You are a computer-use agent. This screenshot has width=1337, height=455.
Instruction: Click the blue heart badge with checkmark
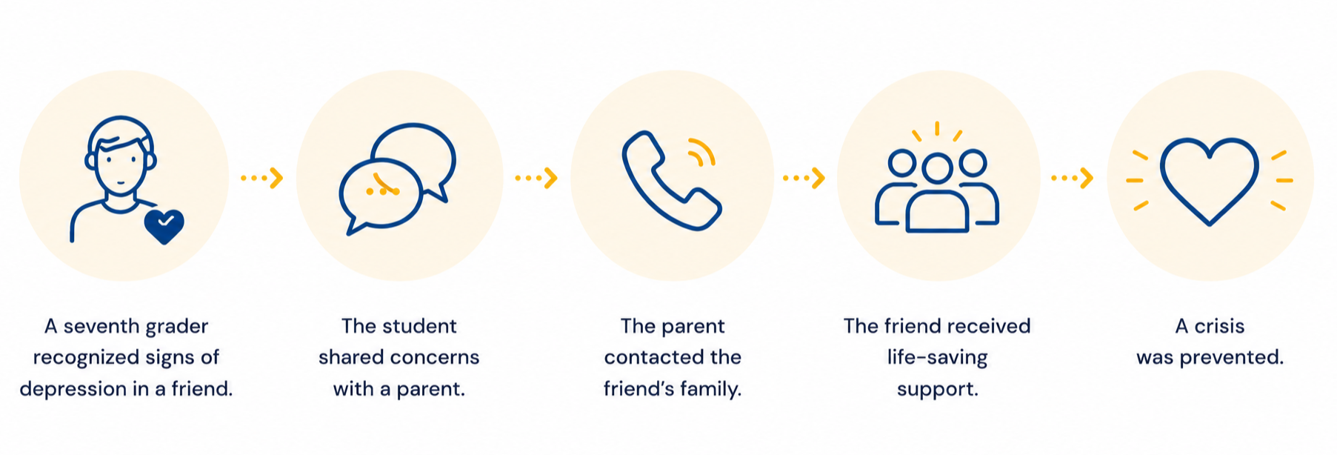(x=164, y=227)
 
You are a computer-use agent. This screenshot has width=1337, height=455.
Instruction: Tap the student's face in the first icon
(x=120, y=167)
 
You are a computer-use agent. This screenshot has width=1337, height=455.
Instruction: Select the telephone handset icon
(x=671, y=181)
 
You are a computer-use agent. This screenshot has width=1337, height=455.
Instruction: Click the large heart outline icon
(x=1209, y=181)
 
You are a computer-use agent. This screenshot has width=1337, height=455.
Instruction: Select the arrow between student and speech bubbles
(x=261, y=178)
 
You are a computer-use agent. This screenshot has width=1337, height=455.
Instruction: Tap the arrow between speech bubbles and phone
(x=536, y=178)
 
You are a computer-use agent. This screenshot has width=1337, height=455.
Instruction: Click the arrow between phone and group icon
(x=804, y=178)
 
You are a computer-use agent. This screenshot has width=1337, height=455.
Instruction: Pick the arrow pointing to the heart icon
(x=1072, y=178)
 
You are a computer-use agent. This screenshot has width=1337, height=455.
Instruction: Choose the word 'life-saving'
(x=937, y=358)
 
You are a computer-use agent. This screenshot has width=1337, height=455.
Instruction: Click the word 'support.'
(x=937, y=390)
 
